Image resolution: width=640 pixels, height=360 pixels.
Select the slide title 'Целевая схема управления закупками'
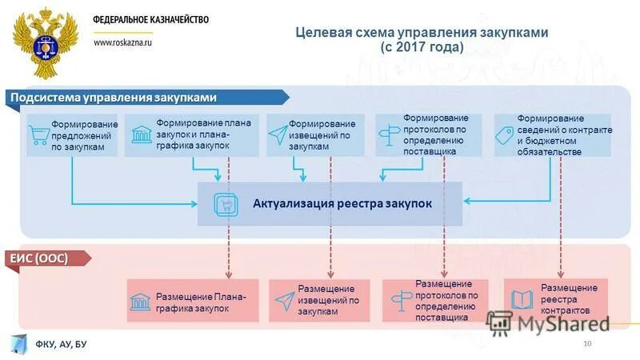pyautogui.click(x=422, y=33)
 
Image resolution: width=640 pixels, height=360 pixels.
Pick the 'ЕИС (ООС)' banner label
pyautogui.click(x=38, y=258)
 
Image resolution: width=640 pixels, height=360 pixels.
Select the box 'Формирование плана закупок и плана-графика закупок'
pyautogui.click(x=192, y=134)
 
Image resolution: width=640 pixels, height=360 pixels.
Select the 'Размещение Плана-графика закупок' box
pyautogui.click(x=193, y=301)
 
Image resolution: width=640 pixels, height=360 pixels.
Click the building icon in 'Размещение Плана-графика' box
pyautogui.click(x=140, y=302)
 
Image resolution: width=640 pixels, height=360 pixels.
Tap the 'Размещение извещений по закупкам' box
pyautogui.click(x=319, y=301)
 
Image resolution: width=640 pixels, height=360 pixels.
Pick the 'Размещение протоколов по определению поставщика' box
pyautogui.click(x=433, y=301)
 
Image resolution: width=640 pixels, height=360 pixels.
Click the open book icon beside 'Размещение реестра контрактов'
pyautogui.click(x=521, y=300)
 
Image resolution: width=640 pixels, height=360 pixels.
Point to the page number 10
pyautogui.click(x=587, y=344)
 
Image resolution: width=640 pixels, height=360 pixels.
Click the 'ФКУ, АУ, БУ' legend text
pyautogui.click(x=61, y=344)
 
